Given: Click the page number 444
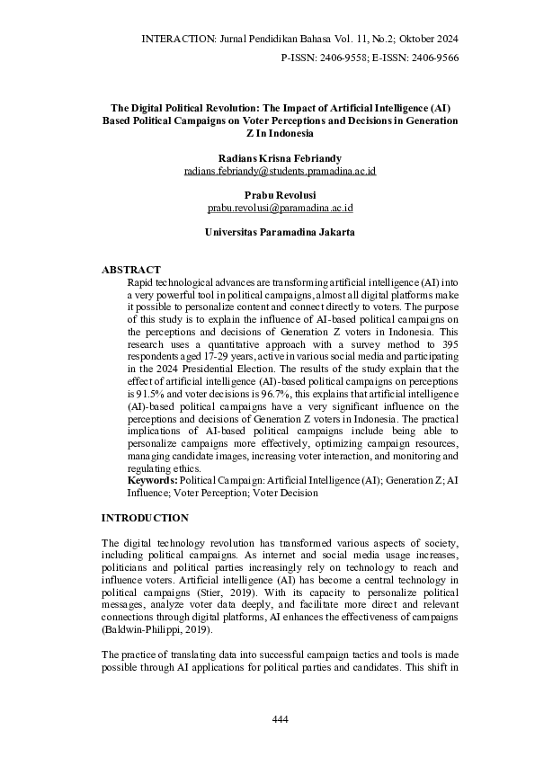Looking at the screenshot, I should pyautogui.click(x=280, y=719).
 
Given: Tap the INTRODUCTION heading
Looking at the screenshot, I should pyautogui.click(x=145, y=518).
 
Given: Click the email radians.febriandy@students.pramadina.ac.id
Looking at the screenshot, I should pyautogui.click(x=280, y=170).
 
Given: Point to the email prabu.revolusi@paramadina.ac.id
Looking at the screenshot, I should pyautogui.click(x=280, y=208).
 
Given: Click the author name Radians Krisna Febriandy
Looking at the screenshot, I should pyautogui.click(x=280, y=157).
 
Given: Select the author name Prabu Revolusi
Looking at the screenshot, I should pyautogui.click(x=280, y=194).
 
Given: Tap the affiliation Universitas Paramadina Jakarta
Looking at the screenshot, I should pyautogui.click(x=280, y=232).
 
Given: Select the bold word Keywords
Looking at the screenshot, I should pyautogui.click(x=153, y=480).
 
